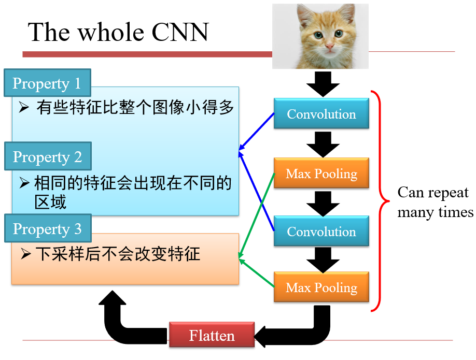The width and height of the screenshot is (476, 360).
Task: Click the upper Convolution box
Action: click(321, 114)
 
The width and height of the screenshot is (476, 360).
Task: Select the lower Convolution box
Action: click(321, 231)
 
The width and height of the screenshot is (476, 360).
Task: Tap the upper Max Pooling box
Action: click(321, 173)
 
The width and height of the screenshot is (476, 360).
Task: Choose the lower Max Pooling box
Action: click(321, 287)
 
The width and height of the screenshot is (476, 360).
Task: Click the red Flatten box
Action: click(212, 335)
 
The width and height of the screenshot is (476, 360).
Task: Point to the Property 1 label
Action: click(47, 83)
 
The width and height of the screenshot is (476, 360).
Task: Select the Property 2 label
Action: click(47, 156)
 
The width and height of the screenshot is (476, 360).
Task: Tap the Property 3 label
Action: click(47, 228)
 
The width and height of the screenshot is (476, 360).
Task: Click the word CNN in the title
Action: click(180, 32)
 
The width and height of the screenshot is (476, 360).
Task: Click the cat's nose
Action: click(329, 46)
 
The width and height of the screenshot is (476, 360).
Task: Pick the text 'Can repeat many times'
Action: click(435, 202)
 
